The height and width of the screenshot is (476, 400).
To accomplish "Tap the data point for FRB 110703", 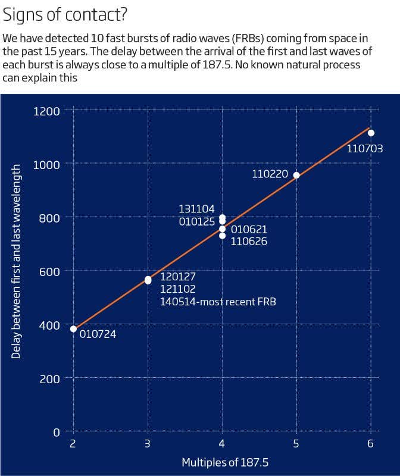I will point(371,133).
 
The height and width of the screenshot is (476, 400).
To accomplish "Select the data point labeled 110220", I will point(296,175).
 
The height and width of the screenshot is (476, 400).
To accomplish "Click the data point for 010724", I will point(74,328).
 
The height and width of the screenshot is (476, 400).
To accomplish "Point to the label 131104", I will point(196,209).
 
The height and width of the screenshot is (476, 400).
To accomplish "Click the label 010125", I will point(196,221).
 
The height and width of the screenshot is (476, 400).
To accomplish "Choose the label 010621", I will point(249,229).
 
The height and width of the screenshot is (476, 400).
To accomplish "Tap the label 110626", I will point(249,242).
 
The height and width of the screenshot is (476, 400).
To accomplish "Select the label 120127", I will point(178,277).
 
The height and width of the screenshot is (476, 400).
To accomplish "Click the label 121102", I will point(178,289).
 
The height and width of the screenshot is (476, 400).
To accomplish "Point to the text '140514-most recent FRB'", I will point(218,302).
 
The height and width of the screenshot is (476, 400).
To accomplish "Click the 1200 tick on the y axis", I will point(47,111).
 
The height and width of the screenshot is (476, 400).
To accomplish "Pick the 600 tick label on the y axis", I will point(50,271).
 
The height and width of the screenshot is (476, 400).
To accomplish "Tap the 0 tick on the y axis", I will point(57,431).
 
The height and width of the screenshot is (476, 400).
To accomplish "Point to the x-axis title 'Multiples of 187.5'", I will point(221,462).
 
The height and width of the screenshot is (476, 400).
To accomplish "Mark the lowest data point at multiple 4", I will point(222,236).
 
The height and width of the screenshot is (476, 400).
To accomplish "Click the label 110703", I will point(364,148).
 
